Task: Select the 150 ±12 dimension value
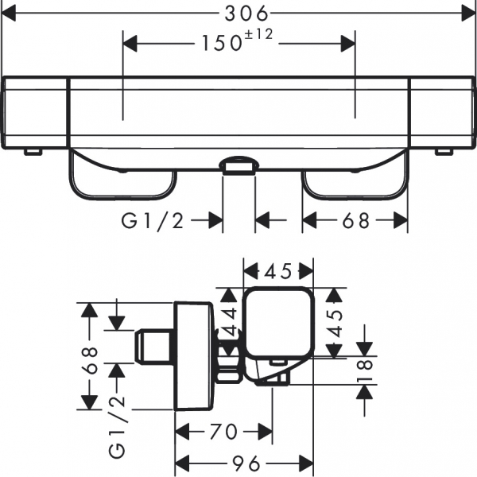[x=219, y=43]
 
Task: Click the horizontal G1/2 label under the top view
[x=153, y=222]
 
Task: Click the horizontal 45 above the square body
[x=277, y=272]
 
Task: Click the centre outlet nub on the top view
[x=238, y=165]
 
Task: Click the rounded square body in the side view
[x=277, y=322]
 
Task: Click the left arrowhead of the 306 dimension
[x=10, y=13]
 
